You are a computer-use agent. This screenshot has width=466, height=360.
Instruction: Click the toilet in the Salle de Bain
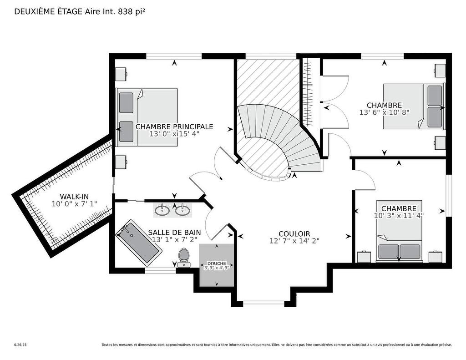[x=184, y=257]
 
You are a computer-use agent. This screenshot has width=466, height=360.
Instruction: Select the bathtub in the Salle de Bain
[x=138, y=243]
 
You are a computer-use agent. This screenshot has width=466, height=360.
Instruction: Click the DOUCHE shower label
[x=217, y=264]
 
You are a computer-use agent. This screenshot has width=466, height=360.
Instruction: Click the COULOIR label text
[x=294, y=233]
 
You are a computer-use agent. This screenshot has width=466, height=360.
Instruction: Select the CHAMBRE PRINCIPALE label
[x=174, y=127]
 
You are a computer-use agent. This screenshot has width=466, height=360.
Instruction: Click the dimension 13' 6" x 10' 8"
[x=385, y=112]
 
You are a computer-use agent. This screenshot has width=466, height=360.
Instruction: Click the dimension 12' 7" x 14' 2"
[x=294, y=241]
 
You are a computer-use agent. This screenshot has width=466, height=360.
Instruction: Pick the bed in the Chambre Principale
[x=147, y=117]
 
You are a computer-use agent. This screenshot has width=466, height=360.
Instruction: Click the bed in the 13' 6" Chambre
[x=413, y=106]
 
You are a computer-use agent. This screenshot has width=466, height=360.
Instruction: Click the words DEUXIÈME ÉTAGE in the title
[x=48, y=12]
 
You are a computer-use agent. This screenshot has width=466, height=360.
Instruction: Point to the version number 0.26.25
[x=20, y=345]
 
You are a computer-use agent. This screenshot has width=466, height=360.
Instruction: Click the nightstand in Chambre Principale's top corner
[x=120, y=74]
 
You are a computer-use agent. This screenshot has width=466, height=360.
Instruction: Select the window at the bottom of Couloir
[x=263, y=304]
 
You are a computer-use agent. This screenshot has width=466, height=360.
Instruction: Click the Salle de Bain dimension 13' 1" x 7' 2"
[x=174, y=239]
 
